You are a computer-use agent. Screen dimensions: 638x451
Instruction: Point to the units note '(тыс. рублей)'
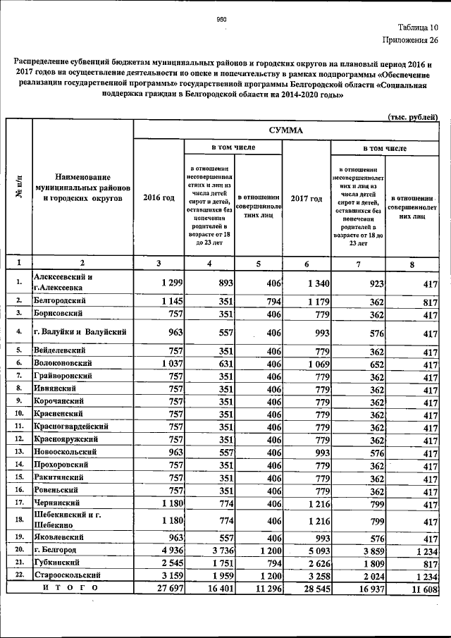[414, 116]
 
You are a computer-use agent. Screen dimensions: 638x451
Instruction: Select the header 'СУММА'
[286, 130]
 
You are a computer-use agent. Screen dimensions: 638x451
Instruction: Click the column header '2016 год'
[159, 198]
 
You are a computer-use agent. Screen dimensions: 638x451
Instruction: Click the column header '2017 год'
[306, 198]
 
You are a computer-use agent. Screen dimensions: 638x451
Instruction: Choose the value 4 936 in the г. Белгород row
[168, 550]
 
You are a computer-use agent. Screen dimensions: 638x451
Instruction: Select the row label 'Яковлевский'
[61, 536]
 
